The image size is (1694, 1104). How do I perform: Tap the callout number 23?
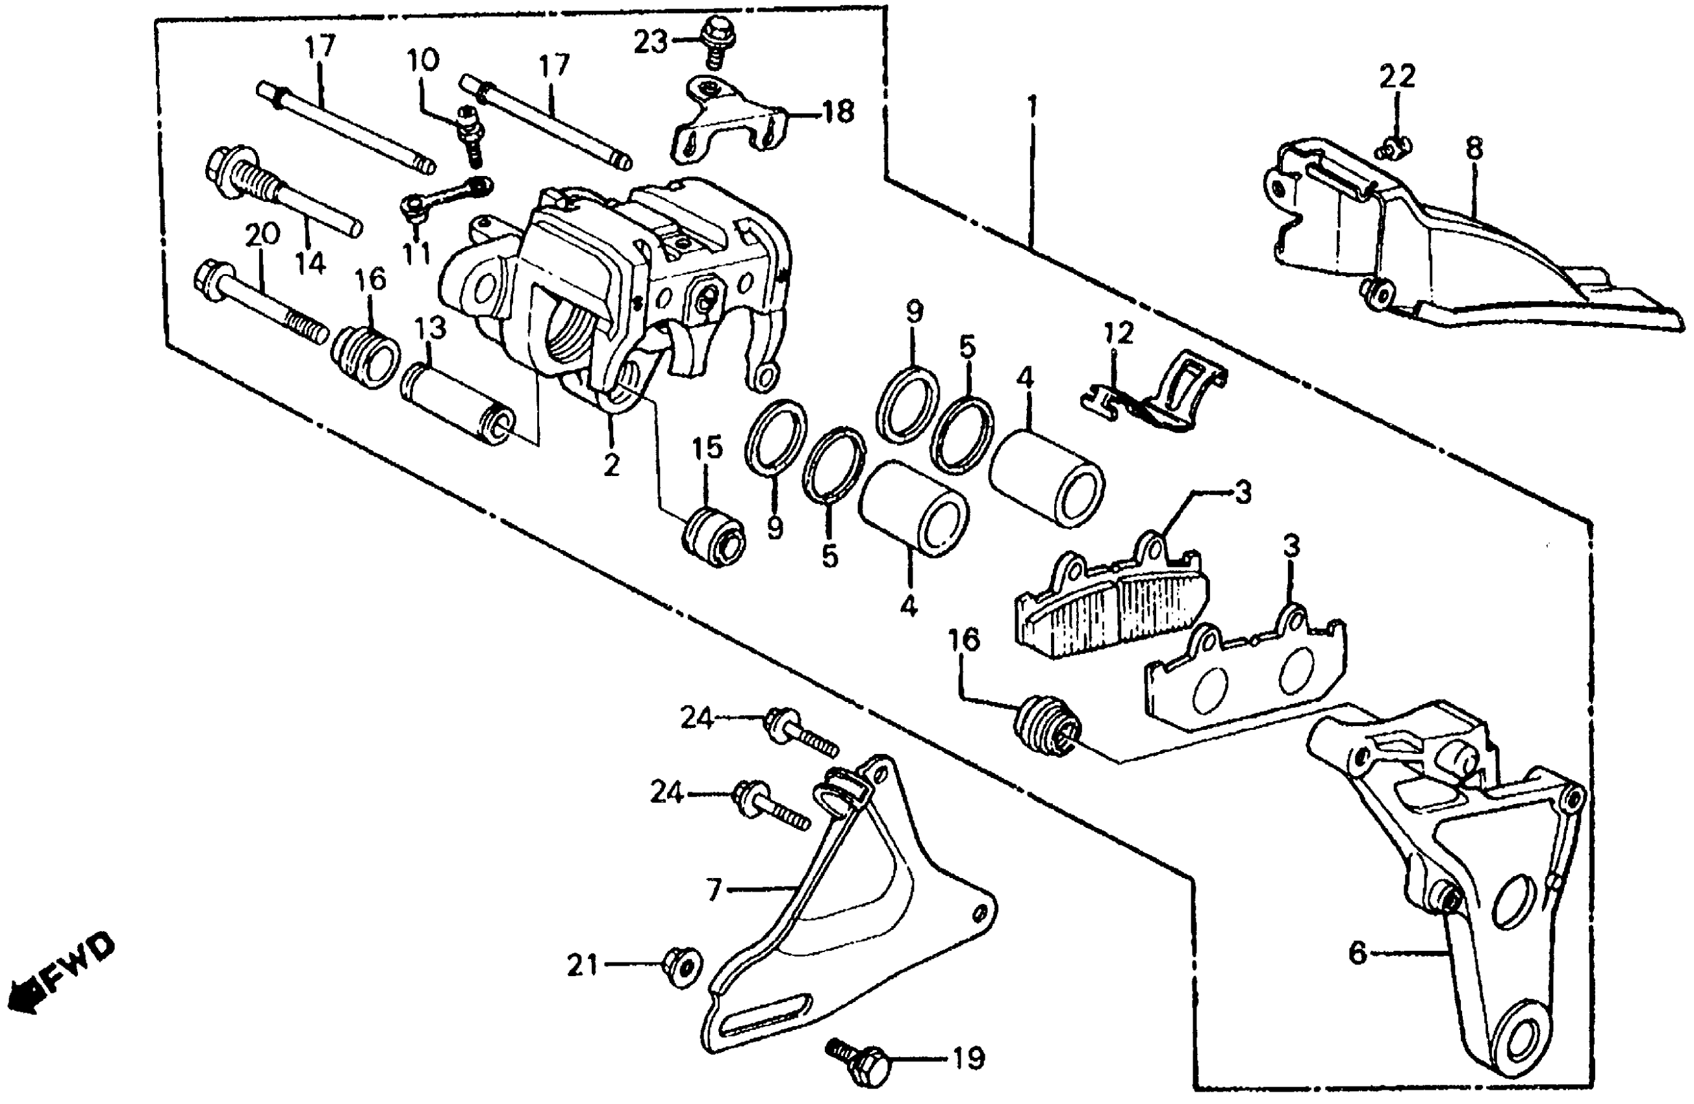coord(651,43)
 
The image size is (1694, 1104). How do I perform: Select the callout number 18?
coord(839,112)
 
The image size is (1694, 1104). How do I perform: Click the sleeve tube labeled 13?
coord(455,402)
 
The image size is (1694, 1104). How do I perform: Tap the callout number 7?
coord(714,889)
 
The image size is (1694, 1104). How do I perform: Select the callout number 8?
coord(1474,149)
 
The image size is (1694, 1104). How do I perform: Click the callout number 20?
coord(262,235)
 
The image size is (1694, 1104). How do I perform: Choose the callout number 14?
coord(310,264)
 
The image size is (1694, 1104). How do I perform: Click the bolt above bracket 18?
coord(711,39)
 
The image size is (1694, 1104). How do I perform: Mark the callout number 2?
coord(611,464)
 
